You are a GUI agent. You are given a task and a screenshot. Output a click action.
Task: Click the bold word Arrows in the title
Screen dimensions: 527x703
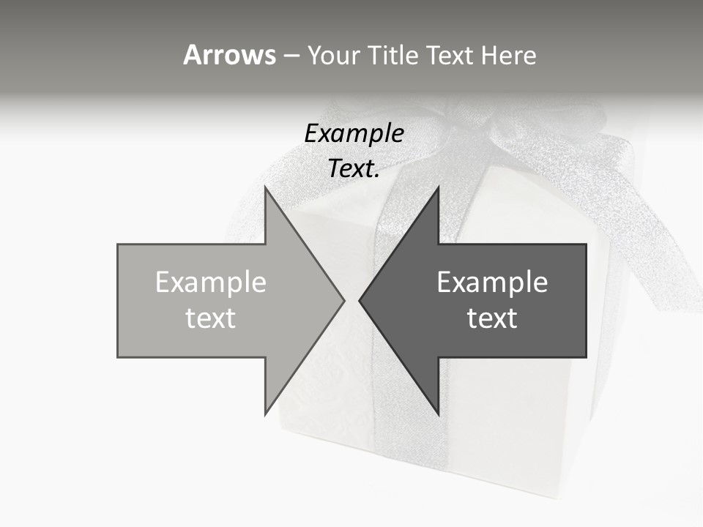click(229, 55)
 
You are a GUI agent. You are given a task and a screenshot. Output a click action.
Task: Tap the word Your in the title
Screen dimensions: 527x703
click(335, 55)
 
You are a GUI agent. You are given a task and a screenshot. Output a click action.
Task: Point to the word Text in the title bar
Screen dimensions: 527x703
click(450, 55)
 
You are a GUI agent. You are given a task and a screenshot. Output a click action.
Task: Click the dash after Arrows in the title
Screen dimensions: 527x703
click(291, 56)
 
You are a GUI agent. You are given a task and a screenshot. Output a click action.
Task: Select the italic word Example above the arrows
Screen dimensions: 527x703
click(354, 134)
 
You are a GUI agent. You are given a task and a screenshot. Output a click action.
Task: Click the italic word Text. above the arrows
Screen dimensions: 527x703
click(354, 168)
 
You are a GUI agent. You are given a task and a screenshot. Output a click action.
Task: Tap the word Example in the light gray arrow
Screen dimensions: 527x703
click(211, 283)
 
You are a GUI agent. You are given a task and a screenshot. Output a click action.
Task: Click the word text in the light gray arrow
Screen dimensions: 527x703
click(211, 318)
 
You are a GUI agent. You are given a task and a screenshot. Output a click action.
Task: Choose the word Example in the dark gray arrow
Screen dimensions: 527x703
click(492, 283)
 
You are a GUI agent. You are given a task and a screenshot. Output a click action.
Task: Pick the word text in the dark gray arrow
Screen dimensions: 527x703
click(492, 318)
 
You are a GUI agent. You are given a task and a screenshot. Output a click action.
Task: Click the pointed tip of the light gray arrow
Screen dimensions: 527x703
click(343, 300)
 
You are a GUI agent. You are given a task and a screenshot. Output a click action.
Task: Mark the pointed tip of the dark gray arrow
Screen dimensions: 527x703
click(361, 300)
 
